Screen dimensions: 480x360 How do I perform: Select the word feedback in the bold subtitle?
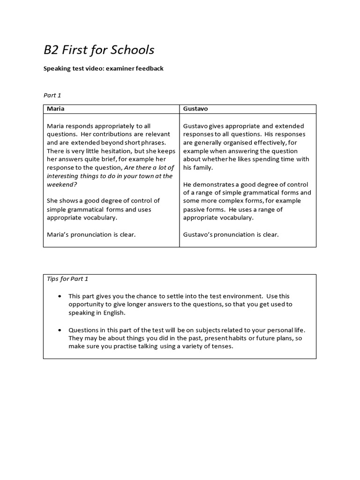point(148,68)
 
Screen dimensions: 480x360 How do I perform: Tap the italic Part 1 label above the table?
point(52,95)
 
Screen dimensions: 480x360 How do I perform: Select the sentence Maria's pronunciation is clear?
point(91,234)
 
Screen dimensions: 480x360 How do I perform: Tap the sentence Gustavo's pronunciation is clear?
point(231,234)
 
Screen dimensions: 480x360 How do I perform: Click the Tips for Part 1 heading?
point(67,279)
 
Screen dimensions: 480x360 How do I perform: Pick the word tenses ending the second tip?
point(222,346)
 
